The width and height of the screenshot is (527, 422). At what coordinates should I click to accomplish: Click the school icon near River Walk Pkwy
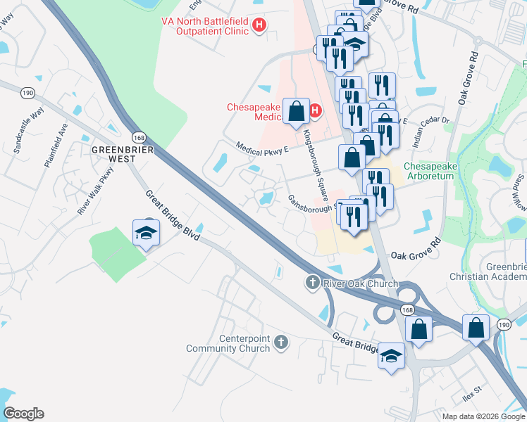146,233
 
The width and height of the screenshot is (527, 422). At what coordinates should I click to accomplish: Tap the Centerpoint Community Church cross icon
280,343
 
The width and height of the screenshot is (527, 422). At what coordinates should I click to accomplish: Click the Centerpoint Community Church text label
228,343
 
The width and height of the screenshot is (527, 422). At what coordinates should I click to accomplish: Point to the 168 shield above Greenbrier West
139,135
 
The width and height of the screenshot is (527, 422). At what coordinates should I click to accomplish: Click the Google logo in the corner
24,414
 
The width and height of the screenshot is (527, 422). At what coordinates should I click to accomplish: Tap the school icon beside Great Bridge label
391,355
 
